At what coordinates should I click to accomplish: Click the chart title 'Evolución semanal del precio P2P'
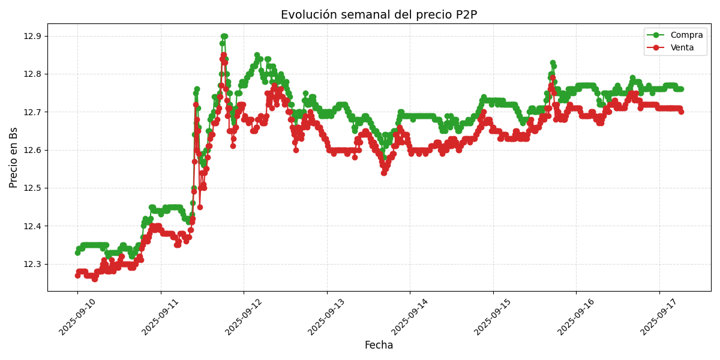[x=379, y=15]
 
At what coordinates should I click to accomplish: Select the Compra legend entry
[x=682, y=35]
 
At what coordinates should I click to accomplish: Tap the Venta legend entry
[x=682, y=47]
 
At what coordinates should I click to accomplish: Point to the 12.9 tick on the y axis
[x=32, y=36]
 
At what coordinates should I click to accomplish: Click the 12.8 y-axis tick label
[x=32, y=74]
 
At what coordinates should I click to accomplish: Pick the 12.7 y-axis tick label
[x=32, y=112]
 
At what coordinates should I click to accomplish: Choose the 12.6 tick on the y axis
[x=32, y=150]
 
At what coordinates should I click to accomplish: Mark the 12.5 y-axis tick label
[x=32, y=188]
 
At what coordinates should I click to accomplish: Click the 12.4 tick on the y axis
[x=32, y=226]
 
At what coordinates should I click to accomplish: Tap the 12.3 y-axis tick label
[x=32, y=264]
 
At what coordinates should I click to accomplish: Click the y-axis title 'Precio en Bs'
[x=14, y=157]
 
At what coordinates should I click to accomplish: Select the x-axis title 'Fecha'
[x=379, y=345]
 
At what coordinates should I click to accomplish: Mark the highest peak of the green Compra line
[x=224, y=36]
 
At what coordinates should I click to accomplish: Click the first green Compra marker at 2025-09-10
[x=77, y=253]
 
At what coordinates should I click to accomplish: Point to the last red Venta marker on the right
[x=681, y=112]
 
